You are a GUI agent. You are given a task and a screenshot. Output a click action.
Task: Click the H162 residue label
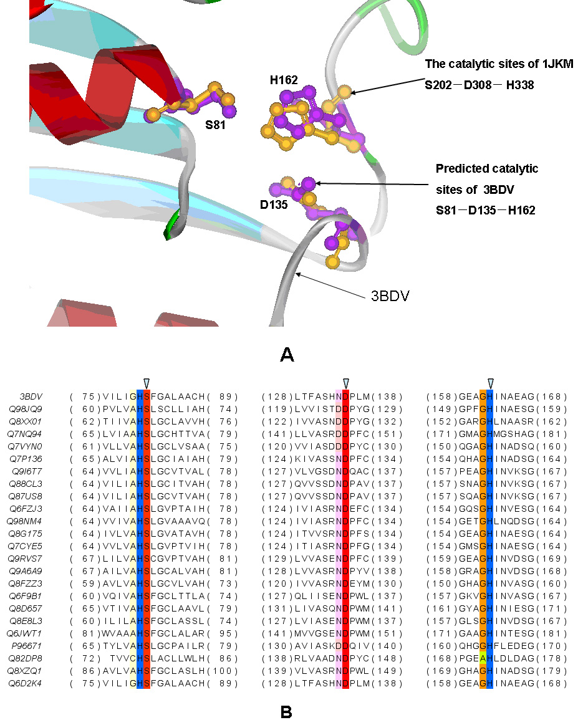click(284, 80)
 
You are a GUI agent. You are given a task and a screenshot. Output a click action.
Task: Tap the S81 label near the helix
click(215, 125)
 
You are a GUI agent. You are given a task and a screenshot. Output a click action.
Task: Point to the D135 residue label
click(274, 204)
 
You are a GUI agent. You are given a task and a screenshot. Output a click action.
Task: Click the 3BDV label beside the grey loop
click(390, 296)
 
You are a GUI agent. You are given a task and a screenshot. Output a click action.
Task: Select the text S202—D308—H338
click(479, 85)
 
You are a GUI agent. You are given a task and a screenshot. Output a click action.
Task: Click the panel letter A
click(287, 355)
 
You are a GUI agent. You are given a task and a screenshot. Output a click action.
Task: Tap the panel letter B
click(286, 712)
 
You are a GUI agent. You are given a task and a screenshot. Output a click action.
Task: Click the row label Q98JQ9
click(26, 409)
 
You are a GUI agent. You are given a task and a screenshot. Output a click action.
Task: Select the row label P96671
click(27, 646)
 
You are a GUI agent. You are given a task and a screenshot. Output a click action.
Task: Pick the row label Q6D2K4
click(25, 683)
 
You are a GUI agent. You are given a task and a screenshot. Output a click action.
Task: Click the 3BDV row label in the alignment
click(31, 396)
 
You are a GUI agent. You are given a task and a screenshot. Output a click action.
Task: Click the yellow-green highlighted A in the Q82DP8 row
click(483, 658)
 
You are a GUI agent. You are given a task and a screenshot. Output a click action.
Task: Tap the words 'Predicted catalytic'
click(487, 168)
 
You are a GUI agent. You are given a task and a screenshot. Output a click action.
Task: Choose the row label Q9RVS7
click(25, 559)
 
